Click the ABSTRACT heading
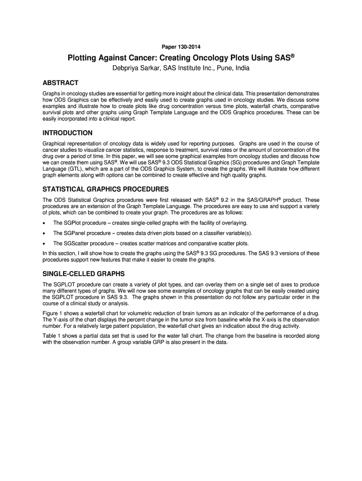click(60, 83)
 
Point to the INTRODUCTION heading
click(67, 133)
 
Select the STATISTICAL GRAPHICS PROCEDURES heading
click(105, 189)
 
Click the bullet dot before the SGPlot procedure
click(44, 223)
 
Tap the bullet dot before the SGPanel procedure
click(44, 233)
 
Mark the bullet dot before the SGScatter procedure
click(44, 244)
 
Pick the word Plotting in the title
click(83, 58)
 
